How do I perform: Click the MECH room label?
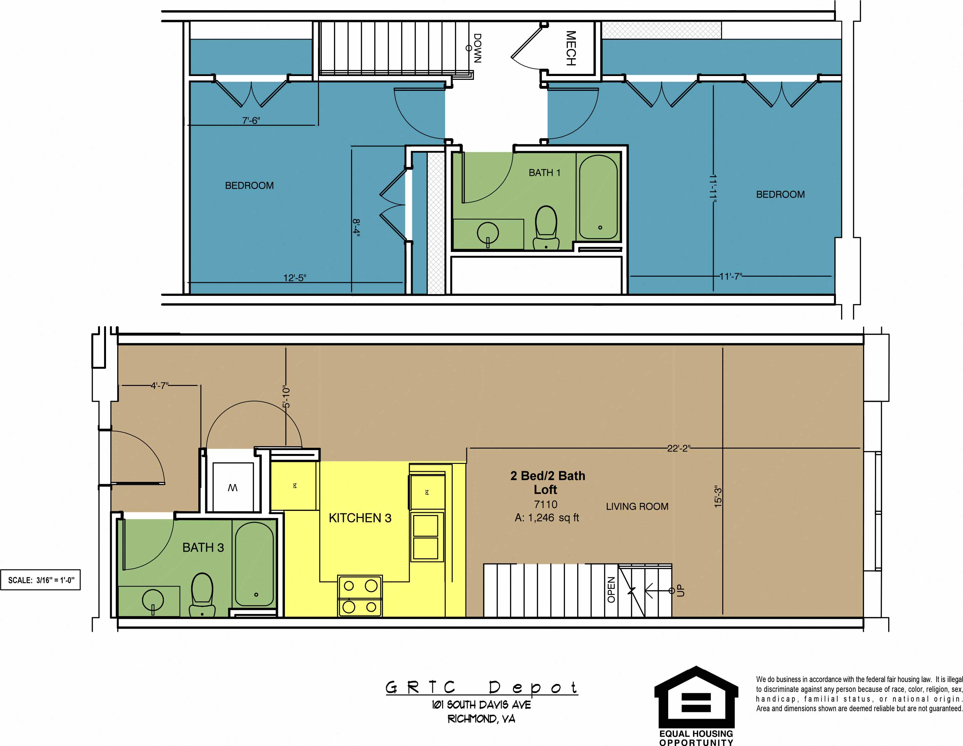point(571,48)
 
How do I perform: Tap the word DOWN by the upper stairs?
point(477,48)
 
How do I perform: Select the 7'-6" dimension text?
point(251,120)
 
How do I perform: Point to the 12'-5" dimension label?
point(294,278)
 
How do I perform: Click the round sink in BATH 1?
point(488,233)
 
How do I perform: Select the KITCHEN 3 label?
point(360,518)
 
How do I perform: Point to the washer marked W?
point(232,487)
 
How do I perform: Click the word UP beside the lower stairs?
point(681,590)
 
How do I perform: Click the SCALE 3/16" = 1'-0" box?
point(40,580)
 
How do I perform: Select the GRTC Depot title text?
point(481,687)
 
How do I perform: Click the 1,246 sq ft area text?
point(547,518)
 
